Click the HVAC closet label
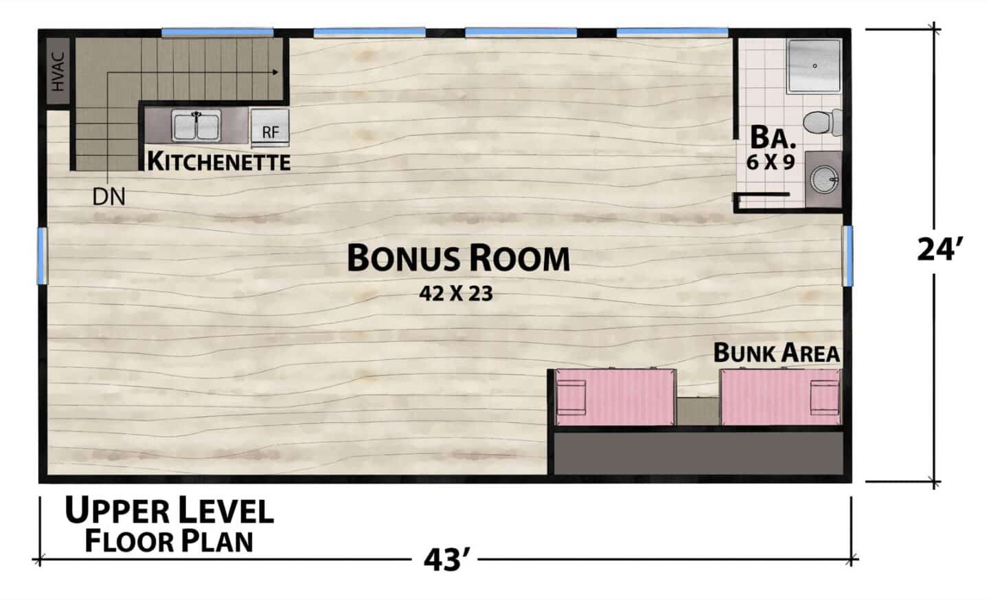point(58,72)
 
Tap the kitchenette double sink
point(196,126)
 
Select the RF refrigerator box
point(270,128)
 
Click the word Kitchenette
point(219,161)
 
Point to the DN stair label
point(109,196)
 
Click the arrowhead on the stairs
point(276,72)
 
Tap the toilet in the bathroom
point(823,122)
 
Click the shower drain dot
point(815,66)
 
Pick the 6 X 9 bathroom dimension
point(771,163)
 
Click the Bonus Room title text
point(458,258)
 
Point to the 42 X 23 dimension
point(456,293)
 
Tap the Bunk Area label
point(777,353)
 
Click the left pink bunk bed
point(615,397)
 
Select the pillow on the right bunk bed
point(825,397)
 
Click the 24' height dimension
point(936,250)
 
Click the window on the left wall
point(42,255)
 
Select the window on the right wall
point(848,255)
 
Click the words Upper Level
point(169,511)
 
